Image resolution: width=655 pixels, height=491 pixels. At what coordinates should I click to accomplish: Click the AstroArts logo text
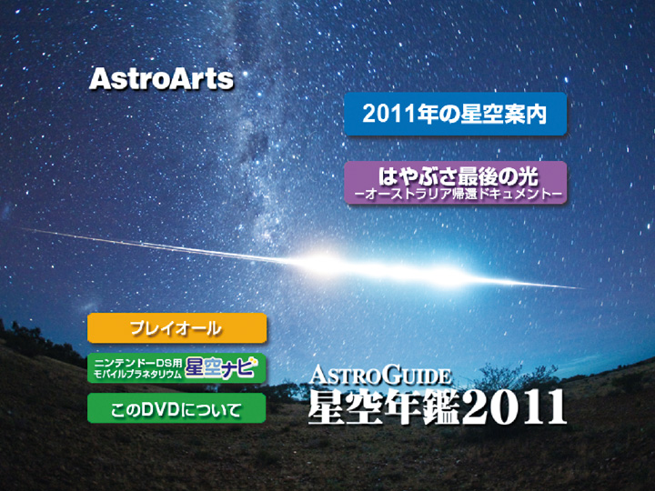(161, 79)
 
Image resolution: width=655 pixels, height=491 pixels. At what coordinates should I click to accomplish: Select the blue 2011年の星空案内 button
(455, 114)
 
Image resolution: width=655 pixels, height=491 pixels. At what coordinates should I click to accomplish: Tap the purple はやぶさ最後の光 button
(456, 183)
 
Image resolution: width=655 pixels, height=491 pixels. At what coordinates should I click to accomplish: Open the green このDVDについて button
(176, 408)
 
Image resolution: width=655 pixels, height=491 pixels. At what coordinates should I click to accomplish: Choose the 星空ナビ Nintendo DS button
(176, 368)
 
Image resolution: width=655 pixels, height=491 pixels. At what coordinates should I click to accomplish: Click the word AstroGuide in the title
(380, 375)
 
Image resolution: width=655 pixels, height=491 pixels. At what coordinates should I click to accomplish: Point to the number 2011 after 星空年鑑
(514, 408)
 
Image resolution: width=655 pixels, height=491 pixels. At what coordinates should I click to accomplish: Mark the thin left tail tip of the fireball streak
(22, 228)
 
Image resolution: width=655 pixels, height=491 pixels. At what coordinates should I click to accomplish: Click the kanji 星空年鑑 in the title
(384, 408)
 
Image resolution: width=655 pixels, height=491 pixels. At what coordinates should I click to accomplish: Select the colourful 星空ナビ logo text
(221, 367)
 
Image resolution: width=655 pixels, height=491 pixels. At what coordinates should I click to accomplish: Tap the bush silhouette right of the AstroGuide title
(518, 376)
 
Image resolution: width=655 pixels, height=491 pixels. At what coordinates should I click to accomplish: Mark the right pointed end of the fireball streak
(583, 288)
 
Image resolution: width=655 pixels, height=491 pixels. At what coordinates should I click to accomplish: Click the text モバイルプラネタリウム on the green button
(138, 374)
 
